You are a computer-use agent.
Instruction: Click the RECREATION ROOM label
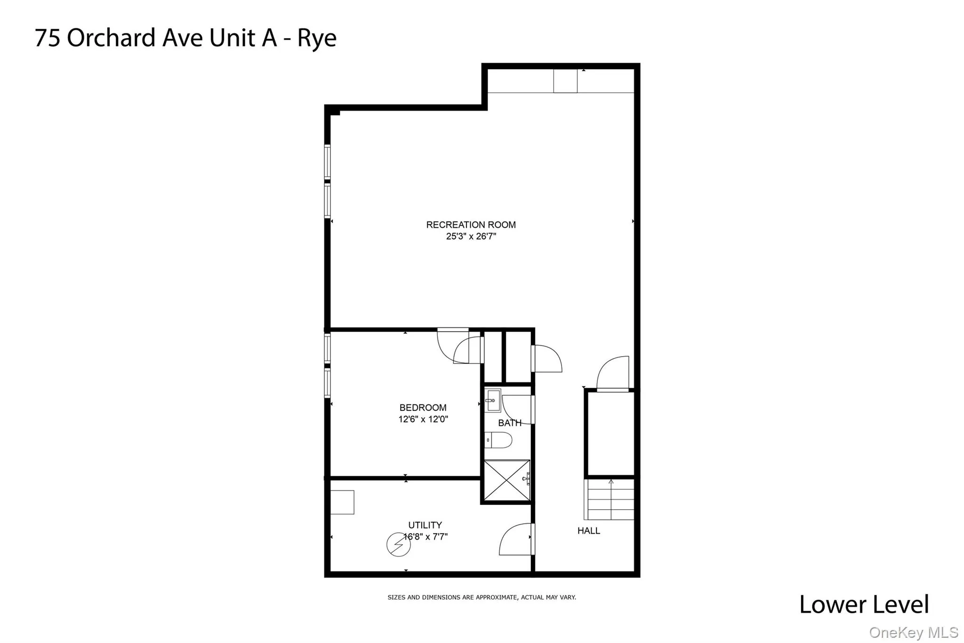click(471, 225)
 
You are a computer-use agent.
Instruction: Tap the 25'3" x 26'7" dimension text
click(471, 236)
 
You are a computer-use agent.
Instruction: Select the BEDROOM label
click(423, 407)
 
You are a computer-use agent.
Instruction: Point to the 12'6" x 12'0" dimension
click(423, 419)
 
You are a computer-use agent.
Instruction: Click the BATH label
click(509, 423)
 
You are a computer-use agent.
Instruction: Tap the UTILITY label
click(425, 525)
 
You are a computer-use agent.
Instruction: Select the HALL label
click(588, 531)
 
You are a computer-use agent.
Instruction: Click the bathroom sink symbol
click(493, 400)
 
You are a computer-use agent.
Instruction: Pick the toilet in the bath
click(498, 440)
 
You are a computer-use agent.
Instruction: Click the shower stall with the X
click(506, 480)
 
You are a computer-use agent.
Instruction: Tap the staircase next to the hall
click(610, 499)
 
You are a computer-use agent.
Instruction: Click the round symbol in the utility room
click(398, 545)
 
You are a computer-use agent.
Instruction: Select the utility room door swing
click(516, 539)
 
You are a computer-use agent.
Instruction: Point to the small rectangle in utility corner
click(342, 502)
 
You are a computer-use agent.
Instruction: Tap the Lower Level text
click(864, 604)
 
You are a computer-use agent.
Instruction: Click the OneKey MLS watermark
click(913, 632)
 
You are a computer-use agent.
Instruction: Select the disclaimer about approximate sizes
click(482, 597)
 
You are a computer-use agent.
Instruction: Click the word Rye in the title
click(317, 39)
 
